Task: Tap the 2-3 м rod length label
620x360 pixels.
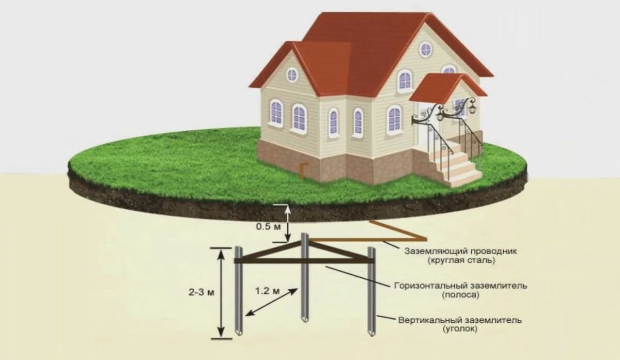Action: (201, 292)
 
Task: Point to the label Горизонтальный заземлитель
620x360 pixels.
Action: (460, 286)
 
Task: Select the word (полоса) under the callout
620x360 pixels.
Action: (460, 295)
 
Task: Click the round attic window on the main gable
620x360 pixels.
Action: (425, 49)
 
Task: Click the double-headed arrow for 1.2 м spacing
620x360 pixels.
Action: (272, 302)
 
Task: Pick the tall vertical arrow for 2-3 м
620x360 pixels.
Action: (222, 292)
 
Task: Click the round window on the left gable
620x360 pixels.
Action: (292, 75)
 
